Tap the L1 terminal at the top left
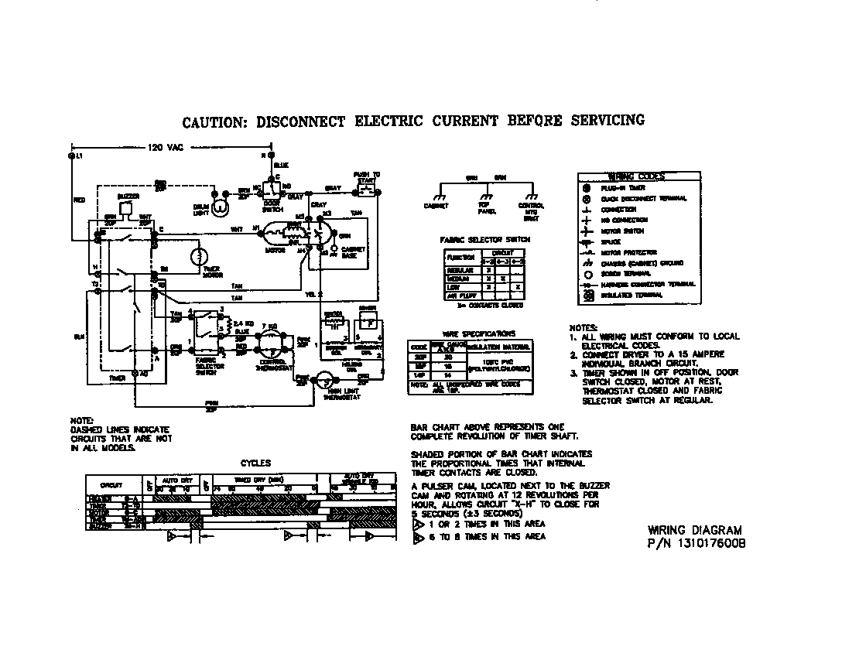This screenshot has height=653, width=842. (72, 156)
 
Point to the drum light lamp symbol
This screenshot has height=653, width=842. (220, 207)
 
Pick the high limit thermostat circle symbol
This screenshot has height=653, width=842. (325, 378)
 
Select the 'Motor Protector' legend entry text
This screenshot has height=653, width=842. (629, 252)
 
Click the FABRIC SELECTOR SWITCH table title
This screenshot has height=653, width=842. (485, 240)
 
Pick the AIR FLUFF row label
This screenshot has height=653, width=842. (460, 296)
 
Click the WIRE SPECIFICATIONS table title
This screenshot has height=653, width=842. (468, 333)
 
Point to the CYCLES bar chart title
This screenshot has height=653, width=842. (255, 463)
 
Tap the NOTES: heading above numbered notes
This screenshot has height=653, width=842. (584, 327)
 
